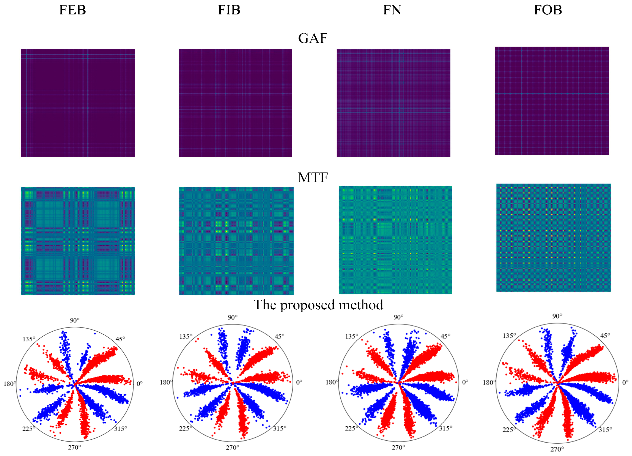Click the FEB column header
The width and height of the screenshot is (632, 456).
click(72, 10)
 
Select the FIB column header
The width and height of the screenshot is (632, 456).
click(229, 10)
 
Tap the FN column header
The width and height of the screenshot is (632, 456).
click(392, 10)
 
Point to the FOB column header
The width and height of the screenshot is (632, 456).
click(548, 10)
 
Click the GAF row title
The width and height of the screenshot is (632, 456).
click(313, 38)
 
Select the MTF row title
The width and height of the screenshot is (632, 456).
click(313, 178)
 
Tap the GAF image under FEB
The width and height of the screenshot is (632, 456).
click(78, 103)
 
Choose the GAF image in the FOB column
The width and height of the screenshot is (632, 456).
click(552, 101)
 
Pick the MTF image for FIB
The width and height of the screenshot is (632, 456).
click(236, 241)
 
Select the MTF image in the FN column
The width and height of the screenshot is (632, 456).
click(396, 240)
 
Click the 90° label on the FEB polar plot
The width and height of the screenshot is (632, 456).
click(74, 320)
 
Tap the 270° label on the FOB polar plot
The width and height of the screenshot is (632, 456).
click(557, 449)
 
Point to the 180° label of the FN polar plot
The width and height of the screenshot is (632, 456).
click(331, 382)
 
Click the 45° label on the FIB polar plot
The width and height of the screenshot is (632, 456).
click(279, 336)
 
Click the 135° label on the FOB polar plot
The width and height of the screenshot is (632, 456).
click(509, 336)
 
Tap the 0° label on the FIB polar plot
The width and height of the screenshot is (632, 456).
click(299, 382)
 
